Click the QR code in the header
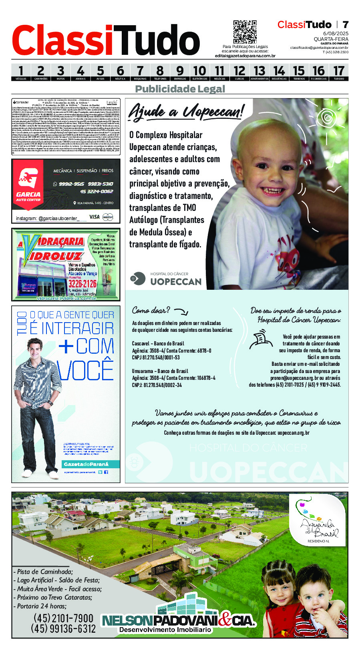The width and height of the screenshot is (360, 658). point(245,32)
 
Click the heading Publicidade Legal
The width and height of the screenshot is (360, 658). point(180,89)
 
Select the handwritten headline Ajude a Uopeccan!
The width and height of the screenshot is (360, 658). point(186,111)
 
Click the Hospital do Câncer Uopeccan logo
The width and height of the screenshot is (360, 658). point(165,279)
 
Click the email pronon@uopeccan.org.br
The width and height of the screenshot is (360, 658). point(294,378)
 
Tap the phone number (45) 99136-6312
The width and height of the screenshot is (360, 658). point(63,629)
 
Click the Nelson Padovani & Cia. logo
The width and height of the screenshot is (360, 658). point(178,621)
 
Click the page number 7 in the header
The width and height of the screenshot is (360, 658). point(345,25)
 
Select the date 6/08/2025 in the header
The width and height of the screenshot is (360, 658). point(336,33)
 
